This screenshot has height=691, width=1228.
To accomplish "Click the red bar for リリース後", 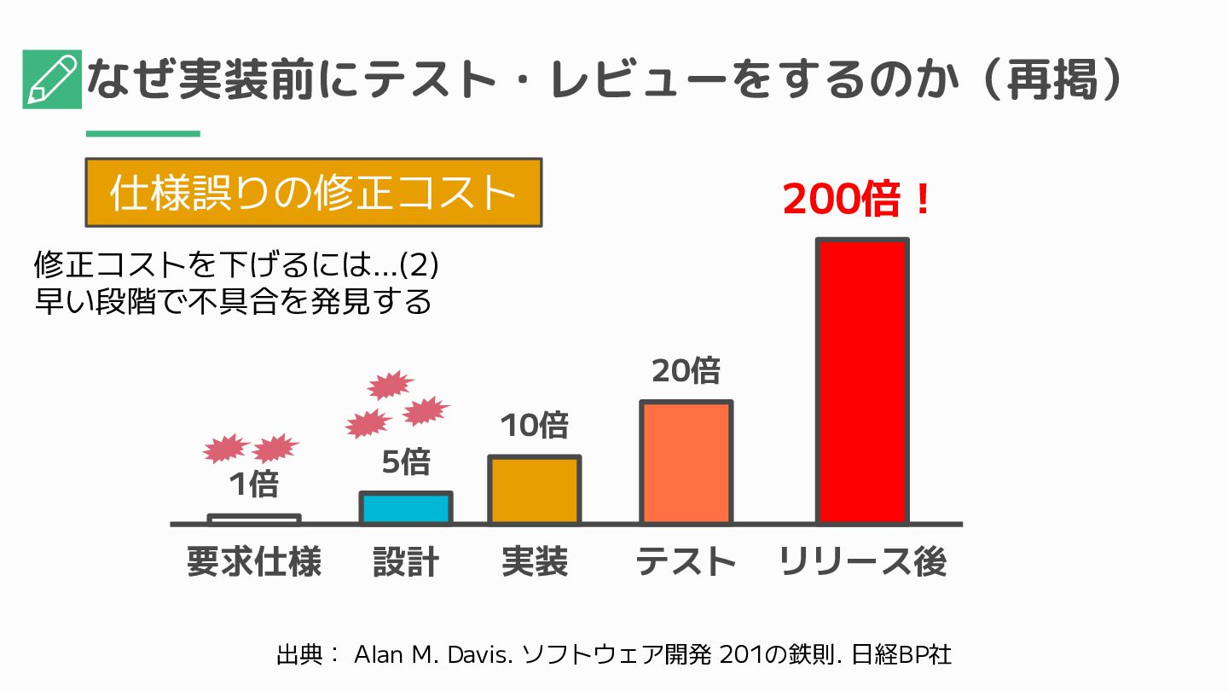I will pyautogui.click(x=861, y=381).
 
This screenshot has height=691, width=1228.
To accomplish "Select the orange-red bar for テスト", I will pyautogui.click(x=686, y=462).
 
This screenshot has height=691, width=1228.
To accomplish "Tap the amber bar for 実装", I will pyautogui.click(x=534, y=490).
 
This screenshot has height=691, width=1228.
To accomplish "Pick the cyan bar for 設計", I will pyautogui.click(x=405, y=508).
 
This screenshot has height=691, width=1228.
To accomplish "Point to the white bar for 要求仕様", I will pyautogui.click(x=254, y=519).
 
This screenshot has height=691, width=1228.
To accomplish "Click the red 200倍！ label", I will pyautogui.click(x=857, y=201).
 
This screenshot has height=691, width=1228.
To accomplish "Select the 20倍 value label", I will pyautogui.click(x=686, y=371).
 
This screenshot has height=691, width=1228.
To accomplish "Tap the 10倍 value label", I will pyautogui.click(x=534, y=425).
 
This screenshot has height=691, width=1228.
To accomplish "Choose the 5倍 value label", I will pyautogui.click(x=405, y=462).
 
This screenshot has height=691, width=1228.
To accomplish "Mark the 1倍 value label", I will pyautogui.click(x=254, y=485).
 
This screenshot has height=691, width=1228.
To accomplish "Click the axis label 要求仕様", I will pyautogui.click(x=254, y=563).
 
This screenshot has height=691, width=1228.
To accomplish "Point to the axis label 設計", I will pyautogui.click(x=406, y=563).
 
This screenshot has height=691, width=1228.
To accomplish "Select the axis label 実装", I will pyautogui.click(x=535, y=563).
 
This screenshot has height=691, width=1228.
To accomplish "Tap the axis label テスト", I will pyautogui.click(x=686, y=563).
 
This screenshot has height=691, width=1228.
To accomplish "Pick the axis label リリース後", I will pyautogui.click(x=862, y=563).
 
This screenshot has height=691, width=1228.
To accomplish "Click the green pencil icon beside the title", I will pyautogui.click(x=52, y=79).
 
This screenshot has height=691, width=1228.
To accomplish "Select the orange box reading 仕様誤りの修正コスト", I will pyautogui.click(x=313, y=193).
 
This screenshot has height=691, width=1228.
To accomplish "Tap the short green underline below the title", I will pyautogui.click(x=142, y=133).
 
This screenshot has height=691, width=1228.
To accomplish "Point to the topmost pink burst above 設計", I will pyautogui.click(x=391, y=385).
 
